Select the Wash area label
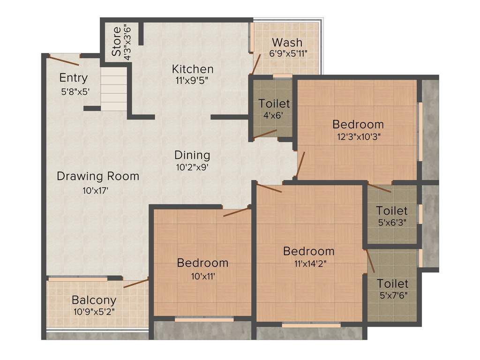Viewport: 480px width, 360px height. click(x=287, y=43)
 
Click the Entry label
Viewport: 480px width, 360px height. click(x=73, y=78)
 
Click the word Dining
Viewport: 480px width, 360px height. click(x=192, y=155)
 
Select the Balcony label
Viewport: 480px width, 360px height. click(x=94, y=300)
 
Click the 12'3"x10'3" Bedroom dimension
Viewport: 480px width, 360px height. click(x=358, y=137)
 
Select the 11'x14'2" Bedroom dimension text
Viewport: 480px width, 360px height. click(x=309, y=263)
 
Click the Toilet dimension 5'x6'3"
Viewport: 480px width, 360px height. click(x=392, y=223)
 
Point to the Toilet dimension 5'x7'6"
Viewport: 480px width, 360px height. click(x=392, y=296)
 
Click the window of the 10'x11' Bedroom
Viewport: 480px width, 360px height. click(x=204, y=319)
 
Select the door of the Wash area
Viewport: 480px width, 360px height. click(x=256, y=64)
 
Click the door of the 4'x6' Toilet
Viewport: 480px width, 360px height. click(x=265, y=135)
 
